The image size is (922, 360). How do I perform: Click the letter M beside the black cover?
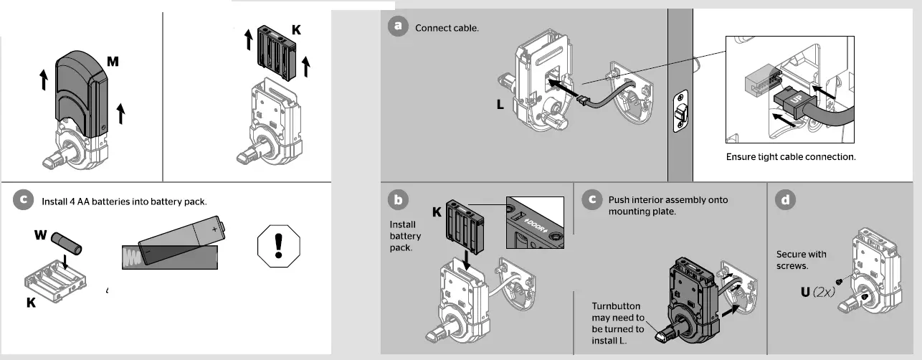click(x=113, y=62)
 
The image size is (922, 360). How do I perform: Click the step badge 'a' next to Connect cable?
click(x=396, y=27)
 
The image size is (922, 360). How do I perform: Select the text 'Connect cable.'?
click(x=447, y=29)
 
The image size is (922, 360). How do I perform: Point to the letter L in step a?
click(x=501, y=105)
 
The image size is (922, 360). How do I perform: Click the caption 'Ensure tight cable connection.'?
click(x=791, y=156)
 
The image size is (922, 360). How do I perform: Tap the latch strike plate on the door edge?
click(x=680, y=112)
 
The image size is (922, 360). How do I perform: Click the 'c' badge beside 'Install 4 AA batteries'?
click(x=24, y=201)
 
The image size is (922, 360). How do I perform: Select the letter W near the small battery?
click(x=41, y=235)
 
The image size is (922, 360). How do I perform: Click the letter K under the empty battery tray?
click(x=31, y=303)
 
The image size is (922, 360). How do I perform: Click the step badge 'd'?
click(x=786, y=200)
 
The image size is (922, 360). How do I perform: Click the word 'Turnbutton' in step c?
click(x=616, y=306)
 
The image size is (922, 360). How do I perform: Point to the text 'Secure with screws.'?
click(x=801, y=259)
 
